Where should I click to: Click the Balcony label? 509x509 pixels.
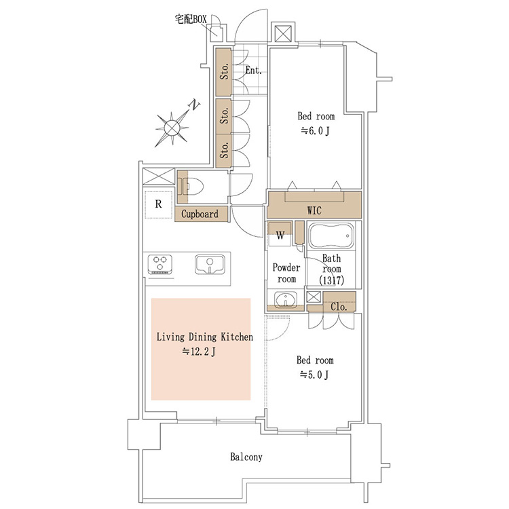(x=246, y=457)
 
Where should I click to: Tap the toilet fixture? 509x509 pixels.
(x=193, y=187)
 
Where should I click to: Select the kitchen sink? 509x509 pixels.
(x=210, y=265)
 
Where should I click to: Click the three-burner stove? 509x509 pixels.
(x=159, y=264)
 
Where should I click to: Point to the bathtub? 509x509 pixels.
(x=331, y=236)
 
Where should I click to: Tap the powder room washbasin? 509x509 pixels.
(x=285, y=299)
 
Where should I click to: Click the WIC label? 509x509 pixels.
(x=314, y=210)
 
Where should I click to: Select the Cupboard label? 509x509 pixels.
(x=200, y=214)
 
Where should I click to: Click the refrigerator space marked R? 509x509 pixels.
(x=158, y=204)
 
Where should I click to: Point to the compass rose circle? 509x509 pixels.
(x=172, y=128)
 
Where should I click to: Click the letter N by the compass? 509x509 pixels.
(x=194, y=105)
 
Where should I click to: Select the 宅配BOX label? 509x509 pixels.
(x=191, y=19)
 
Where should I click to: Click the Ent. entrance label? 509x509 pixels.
(x=254, y=70)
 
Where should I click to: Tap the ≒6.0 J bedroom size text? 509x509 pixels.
(x=316, y=131)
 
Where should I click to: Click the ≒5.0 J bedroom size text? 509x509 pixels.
(x=314, y=375)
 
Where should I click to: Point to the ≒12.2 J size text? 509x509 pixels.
(x=199, y=352)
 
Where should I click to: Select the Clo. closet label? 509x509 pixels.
(x=339, y=307)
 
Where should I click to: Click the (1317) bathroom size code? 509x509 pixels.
(x=331, y=280)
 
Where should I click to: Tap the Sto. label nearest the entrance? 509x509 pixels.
(x=225, y=71)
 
